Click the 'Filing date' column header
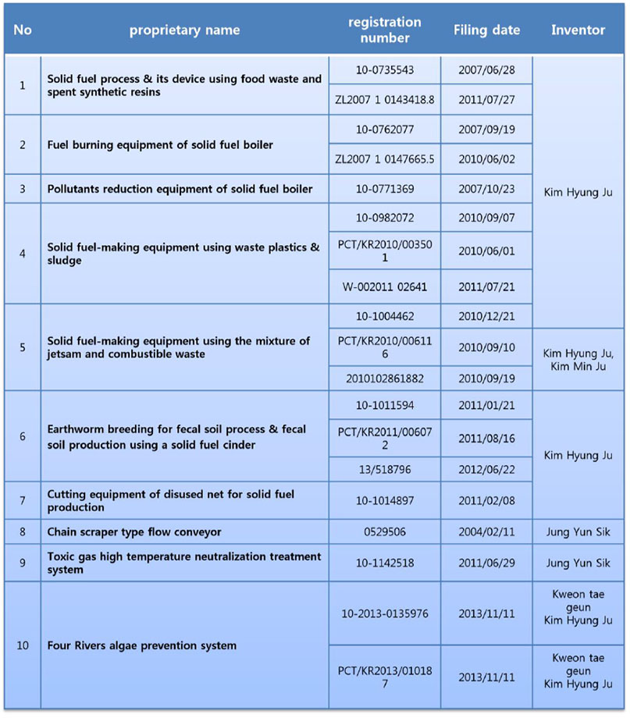[486, 30]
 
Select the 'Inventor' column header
[578, 30]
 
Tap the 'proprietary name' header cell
[184, 30]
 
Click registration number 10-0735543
[383, 70]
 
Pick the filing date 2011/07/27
[486, 100]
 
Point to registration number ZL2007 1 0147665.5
[383, 159]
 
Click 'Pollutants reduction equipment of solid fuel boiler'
[180, 189]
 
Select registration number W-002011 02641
[383, 287]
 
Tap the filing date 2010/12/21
[486, 317]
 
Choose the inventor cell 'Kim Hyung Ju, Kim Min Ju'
[578, 360]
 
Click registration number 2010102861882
[383, 378]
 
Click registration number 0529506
[383, 532]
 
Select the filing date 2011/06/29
[486, 563]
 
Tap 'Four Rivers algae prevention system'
[142, 645]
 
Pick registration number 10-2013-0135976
[383, 613]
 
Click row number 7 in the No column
[22, 500]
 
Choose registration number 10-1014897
[383, 500]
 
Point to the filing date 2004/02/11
[486, 532]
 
